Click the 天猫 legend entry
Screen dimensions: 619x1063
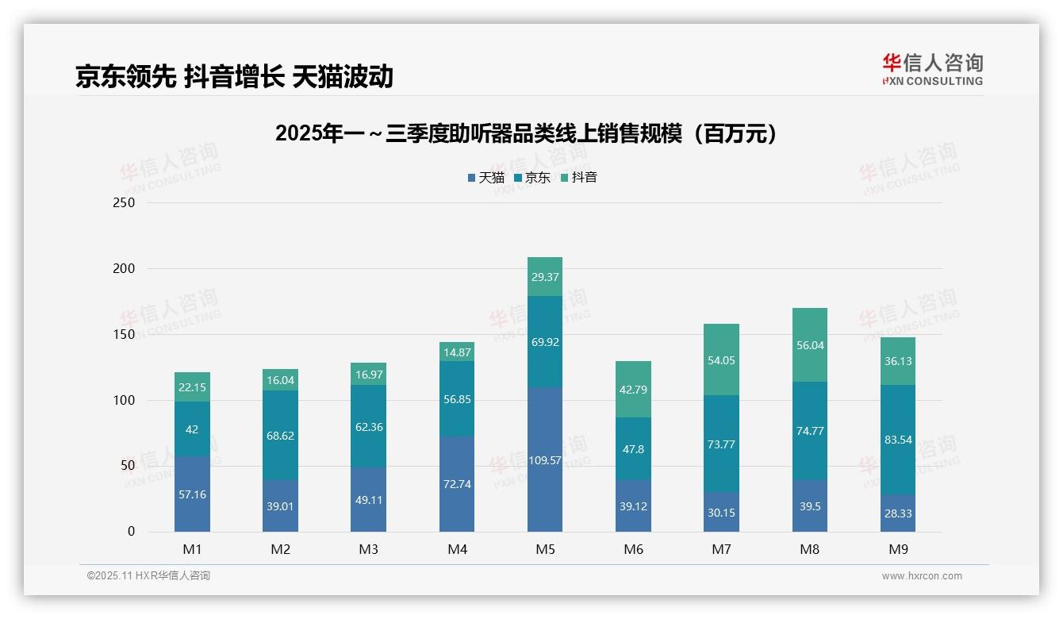[x=485, y=178]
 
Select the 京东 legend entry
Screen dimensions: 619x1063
[x=532, y=178]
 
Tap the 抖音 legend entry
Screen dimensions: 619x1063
[x=579, y=178]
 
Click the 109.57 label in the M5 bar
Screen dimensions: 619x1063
[x=544, y=460]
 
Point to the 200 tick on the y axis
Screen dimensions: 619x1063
[x=124, y=269]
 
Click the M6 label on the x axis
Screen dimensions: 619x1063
[x=633, y=549]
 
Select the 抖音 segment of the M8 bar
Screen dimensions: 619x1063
[x=809, y=345]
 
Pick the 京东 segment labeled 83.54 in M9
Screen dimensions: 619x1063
[x=897, y=440]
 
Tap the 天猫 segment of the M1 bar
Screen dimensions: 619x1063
[x=192, y=494]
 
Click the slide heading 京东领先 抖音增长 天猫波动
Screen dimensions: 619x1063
[x=234, y=76]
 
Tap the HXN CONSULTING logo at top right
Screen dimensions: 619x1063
[x=932, y=70]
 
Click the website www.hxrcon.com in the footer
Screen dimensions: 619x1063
[x=922, y=576]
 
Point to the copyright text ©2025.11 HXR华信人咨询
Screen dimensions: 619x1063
[x=148, y=576]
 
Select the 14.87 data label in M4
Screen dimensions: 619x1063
[x=456, y=353]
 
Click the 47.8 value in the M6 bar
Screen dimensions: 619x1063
[x=633, y=449]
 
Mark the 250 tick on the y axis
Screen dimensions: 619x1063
[x=124, y=203]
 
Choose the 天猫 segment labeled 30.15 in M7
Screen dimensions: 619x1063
[x=721, y=513]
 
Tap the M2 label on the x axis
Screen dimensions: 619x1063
[x=280, y=549]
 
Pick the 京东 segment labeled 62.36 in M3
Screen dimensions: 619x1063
[x=368, y=427]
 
